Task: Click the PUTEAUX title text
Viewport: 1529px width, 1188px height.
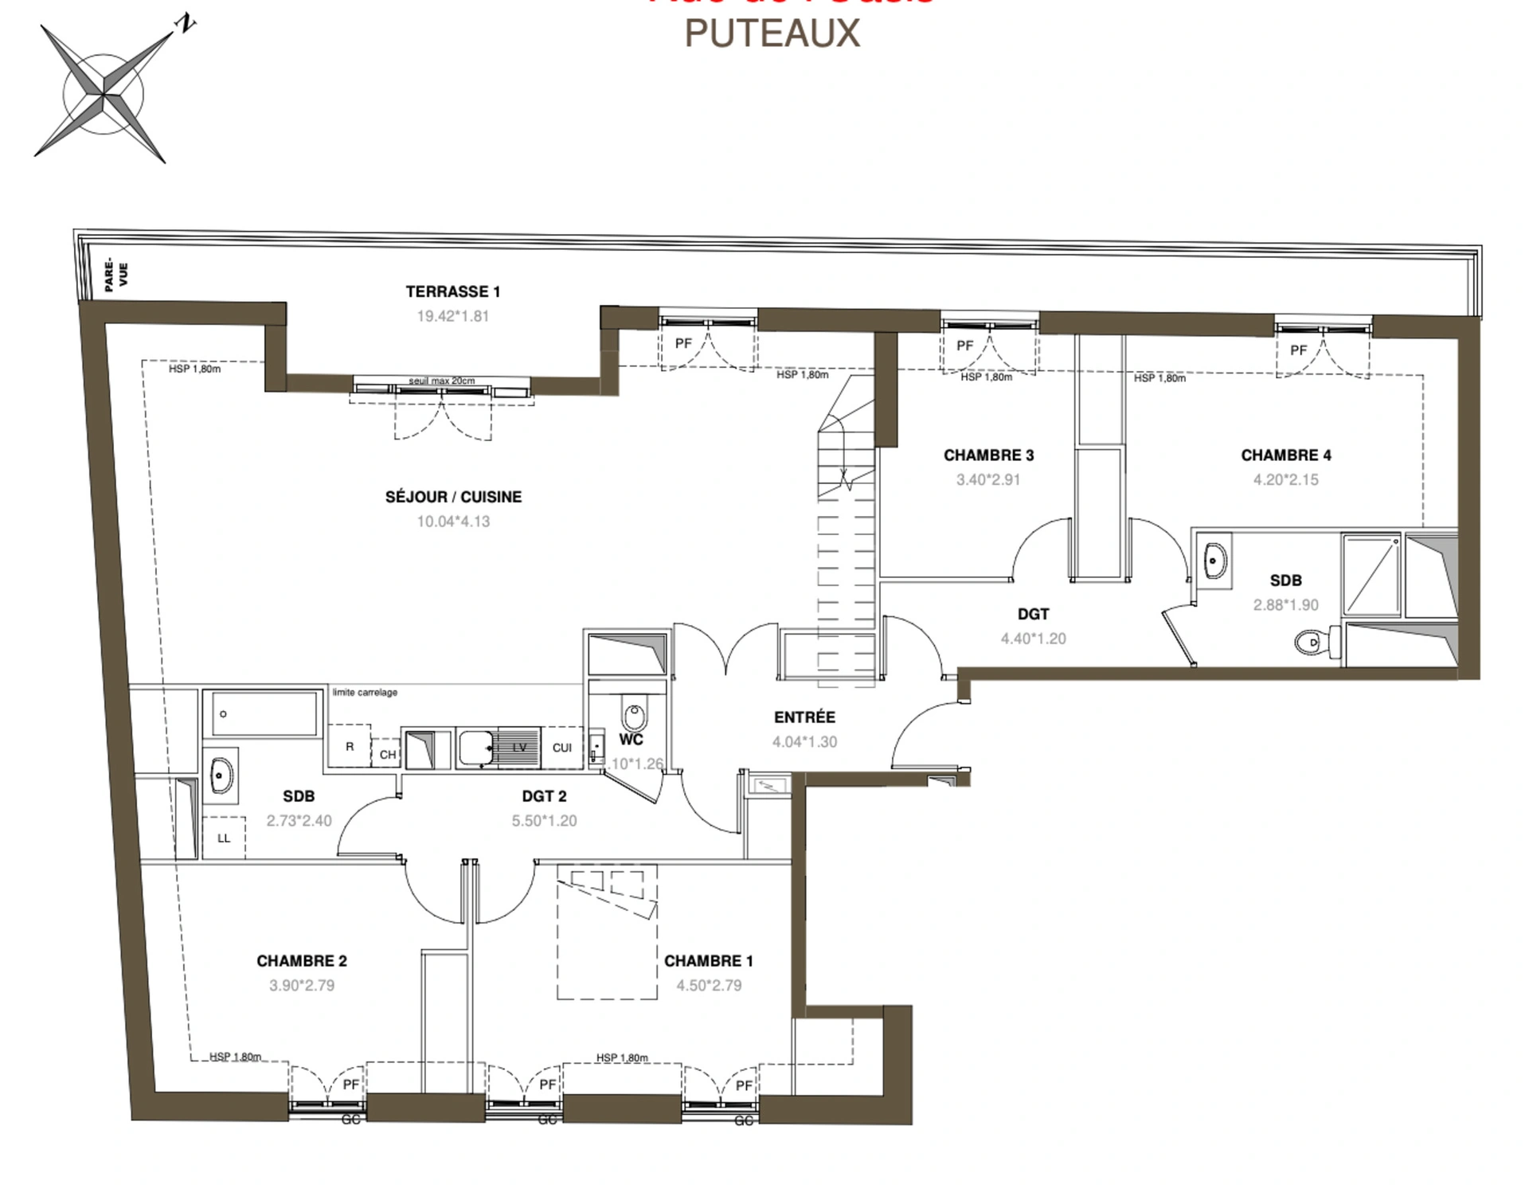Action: click(772, 33)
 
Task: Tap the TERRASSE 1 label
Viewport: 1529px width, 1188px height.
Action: click(452, 291)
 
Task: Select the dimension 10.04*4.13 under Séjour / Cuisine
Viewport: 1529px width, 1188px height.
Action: click(453, 522)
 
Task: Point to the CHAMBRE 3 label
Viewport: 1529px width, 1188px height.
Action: click(988, 455)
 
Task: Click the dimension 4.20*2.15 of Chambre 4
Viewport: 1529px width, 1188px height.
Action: click(1285, 479)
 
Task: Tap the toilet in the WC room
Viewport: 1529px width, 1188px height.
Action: click(633, 715)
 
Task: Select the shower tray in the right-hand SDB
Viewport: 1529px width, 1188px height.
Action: click(1371, 574)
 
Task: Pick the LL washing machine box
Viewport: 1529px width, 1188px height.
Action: click(224, 838)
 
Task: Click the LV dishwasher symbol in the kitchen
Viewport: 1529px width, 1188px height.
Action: click(519, 747)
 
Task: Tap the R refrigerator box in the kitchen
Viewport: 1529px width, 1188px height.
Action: click(349, 747)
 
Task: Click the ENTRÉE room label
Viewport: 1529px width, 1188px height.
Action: click(804, 717)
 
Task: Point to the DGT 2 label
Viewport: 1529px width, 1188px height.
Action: click(544, 796)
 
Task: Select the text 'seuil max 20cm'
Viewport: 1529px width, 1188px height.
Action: click(441, 381)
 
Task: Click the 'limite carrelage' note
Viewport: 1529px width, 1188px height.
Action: click(365, 692)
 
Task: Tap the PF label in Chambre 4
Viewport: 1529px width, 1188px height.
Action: click(1298, 350)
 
